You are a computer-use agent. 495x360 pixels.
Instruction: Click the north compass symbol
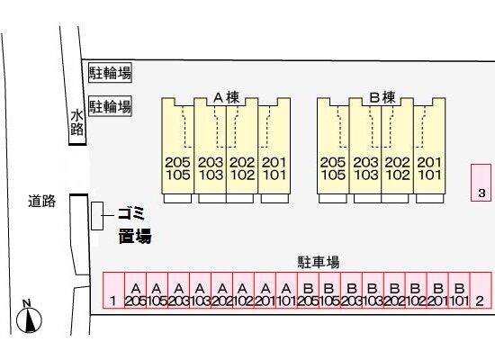point(29,319)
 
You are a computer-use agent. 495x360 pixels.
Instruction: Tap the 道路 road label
point(42,202)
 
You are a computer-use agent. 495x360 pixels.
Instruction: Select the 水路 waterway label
point(76,122)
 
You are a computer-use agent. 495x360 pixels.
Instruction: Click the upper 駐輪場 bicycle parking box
point(110,72)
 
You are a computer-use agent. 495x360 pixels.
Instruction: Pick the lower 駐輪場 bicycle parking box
point(110,106)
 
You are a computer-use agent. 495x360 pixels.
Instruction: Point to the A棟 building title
point(226,97)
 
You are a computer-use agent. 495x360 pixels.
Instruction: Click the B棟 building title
point(382,97)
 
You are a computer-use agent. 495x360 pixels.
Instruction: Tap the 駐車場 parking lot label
point(319,262)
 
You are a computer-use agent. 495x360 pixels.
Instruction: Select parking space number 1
point(114,290)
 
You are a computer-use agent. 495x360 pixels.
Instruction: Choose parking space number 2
point(481,290)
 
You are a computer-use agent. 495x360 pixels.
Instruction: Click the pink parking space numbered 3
point(481,183)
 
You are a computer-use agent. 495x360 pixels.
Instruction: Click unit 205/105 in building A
point(177,146)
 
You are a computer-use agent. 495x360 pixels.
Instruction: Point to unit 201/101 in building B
point(429,146)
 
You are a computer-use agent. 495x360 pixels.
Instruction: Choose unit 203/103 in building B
point(365,146)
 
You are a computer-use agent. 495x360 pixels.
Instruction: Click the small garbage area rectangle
point(97,216)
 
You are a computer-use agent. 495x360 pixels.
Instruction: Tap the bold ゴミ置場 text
point(135,225)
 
